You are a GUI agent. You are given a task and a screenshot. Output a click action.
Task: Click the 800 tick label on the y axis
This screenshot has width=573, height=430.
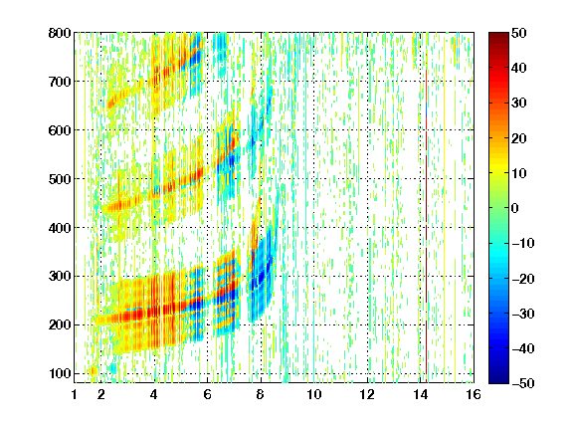pyautogui.click(x=60, y=33)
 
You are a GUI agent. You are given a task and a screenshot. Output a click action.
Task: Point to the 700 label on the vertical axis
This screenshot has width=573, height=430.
pyautogui.click(x=60, y=82)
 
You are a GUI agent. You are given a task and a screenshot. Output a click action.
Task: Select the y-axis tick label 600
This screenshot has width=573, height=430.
pyautogui.click(x=60, y=130)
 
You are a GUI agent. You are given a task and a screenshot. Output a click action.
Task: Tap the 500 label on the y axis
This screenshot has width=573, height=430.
pyautogui.click(x=60, y=179)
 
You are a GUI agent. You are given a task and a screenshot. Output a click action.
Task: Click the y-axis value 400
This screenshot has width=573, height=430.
pyautogui.click(x=60, y=228)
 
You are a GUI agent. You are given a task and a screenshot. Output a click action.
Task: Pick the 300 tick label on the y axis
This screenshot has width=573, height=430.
pyautogui.click(x=60, y=276)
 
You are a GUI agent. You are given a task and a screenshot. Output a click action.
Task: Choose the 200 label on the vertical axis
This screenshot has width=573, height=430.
pyautogui.click(x=60, y=324)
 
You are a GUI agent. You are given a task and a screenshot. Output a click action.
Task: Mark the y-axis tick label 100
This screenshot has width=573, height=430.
pyautogui.click(x=60, y=373)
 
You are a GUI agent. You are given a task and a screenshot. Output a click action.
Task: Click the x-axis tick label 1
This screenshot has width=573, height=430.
pyautogui.click(x=75, y=394)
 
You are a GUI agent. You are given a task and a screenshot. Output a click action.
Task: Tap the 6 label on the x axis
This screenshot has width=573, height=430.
pyautogui.click(x=207, y=394)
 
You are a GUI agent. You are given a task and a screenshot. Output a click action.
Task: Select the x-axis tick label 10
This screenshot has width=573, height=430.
pyautogui.click(x=314, y=394)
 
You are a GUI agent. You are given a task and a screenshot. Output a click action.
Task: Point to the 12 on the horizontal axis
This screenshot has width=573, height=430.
pyautogui.click(x=367, y=394)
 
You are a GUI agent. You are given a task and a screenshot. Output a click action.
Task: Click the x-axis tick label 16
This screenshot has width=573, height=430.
pyautogui.click(x=474, y=394)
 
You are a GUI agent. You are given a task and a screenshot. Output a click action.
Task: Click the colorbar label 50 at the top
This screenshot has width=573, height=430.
pyautogui.click(x=518, y=33)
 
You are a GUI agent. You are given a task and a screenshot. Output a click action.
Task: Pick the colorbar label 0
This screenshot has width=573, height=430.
pyautogui.click(x=515, y=208)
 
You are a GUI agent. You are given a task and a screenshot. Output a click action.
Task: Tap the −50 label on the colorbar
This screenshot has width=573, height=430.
pyautogui.click(x=522, y=383)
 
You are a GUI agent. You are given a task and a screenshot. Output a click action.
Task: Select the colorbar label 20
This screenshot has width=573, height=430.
pyautogui.click(x=518, y=138)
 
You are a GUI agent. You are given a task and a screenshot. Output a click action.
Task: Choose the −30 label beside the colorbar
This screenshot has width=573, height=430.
pyautogui.click(x=522, y=314)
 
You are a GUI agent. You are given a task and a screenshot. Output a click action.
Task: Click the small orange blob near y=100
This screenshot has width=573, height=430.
pyautogui.click(x=93, y=370)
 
